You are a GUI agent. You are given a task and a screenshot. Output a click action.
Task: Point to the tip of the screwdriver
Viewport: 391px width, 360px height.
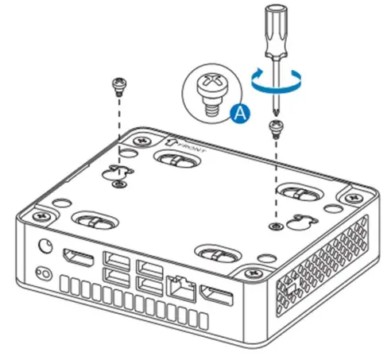(x=276, y=113)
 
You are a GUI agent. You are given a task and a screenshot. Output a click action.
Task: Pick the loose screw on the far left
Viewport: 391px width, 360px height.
(x=118, y=83)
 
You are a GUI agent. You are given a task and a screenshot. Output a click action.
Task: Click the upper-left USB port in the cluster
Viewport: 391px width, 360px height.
(x=114, y=262)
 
